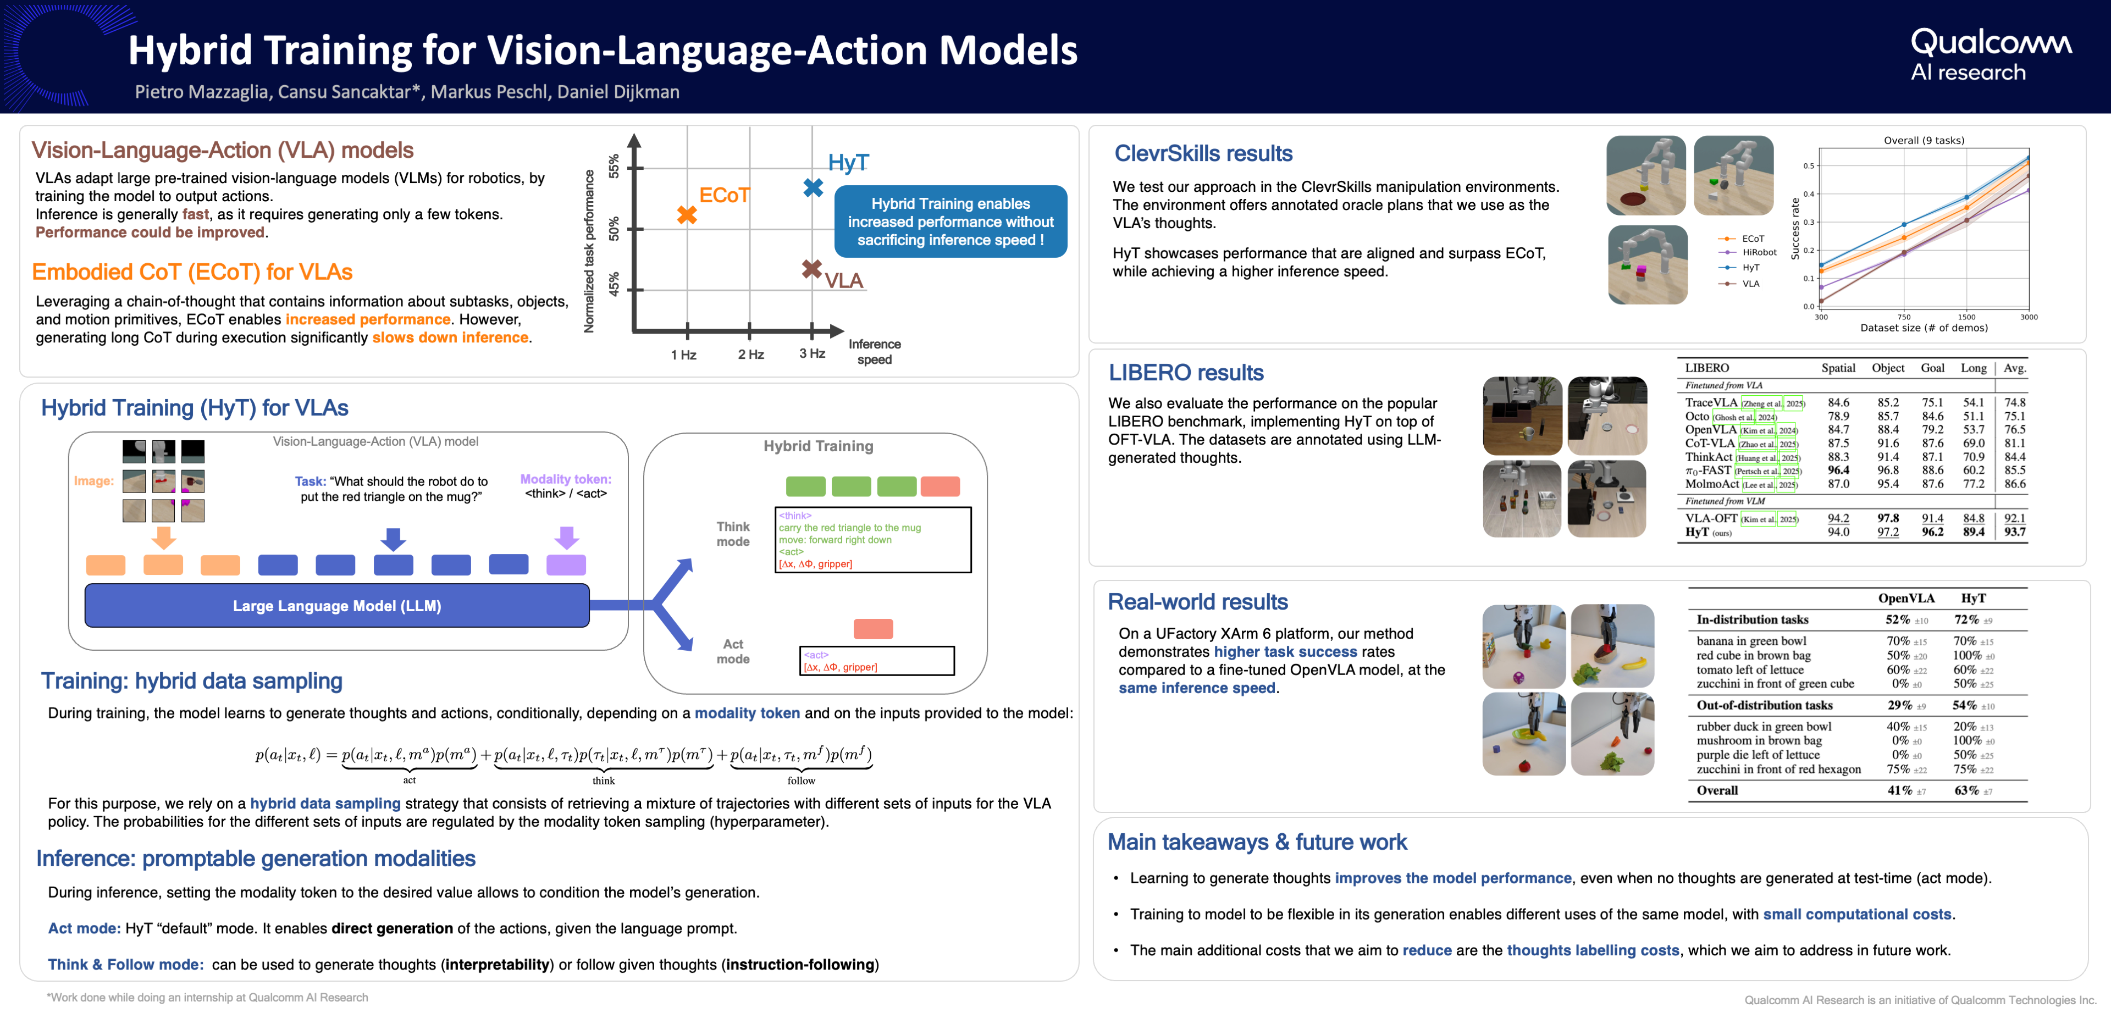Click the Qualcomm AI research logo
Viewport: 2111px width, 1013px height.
(1991, 55)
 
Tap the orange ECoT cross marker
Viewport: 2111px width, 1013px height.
(687, 215)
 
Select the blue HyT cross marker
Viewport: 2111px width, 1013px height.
(813, 187)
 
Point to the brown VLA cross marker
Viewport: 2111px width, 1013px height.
(811, 269)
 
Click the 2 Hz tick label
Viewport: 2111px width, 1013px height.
(750, 354)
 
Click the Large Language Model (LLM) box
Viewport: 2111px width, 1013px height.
(337, 606)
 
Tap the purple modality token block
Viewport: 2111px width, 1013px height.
(566, 564)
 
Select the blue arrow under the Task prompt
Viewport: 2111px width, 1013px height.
(394, 539)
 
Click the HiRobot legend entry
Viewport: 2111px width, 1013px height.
(1759, 252)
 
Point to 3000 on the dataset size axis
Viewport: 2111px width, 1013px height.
(2028, 317)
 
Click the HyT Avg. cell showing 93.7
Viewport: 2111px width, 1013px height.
(2014, 532)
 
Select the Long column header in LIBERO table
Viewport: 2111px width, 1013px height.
(1974, 368)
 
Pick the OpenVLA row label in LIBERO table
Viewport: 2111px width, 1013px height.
(1710, 429)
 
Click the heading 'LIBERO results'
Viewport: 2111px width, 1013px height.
(1185, 373)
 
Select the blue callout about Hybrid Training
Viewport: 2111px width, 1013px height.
(950, 222)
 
